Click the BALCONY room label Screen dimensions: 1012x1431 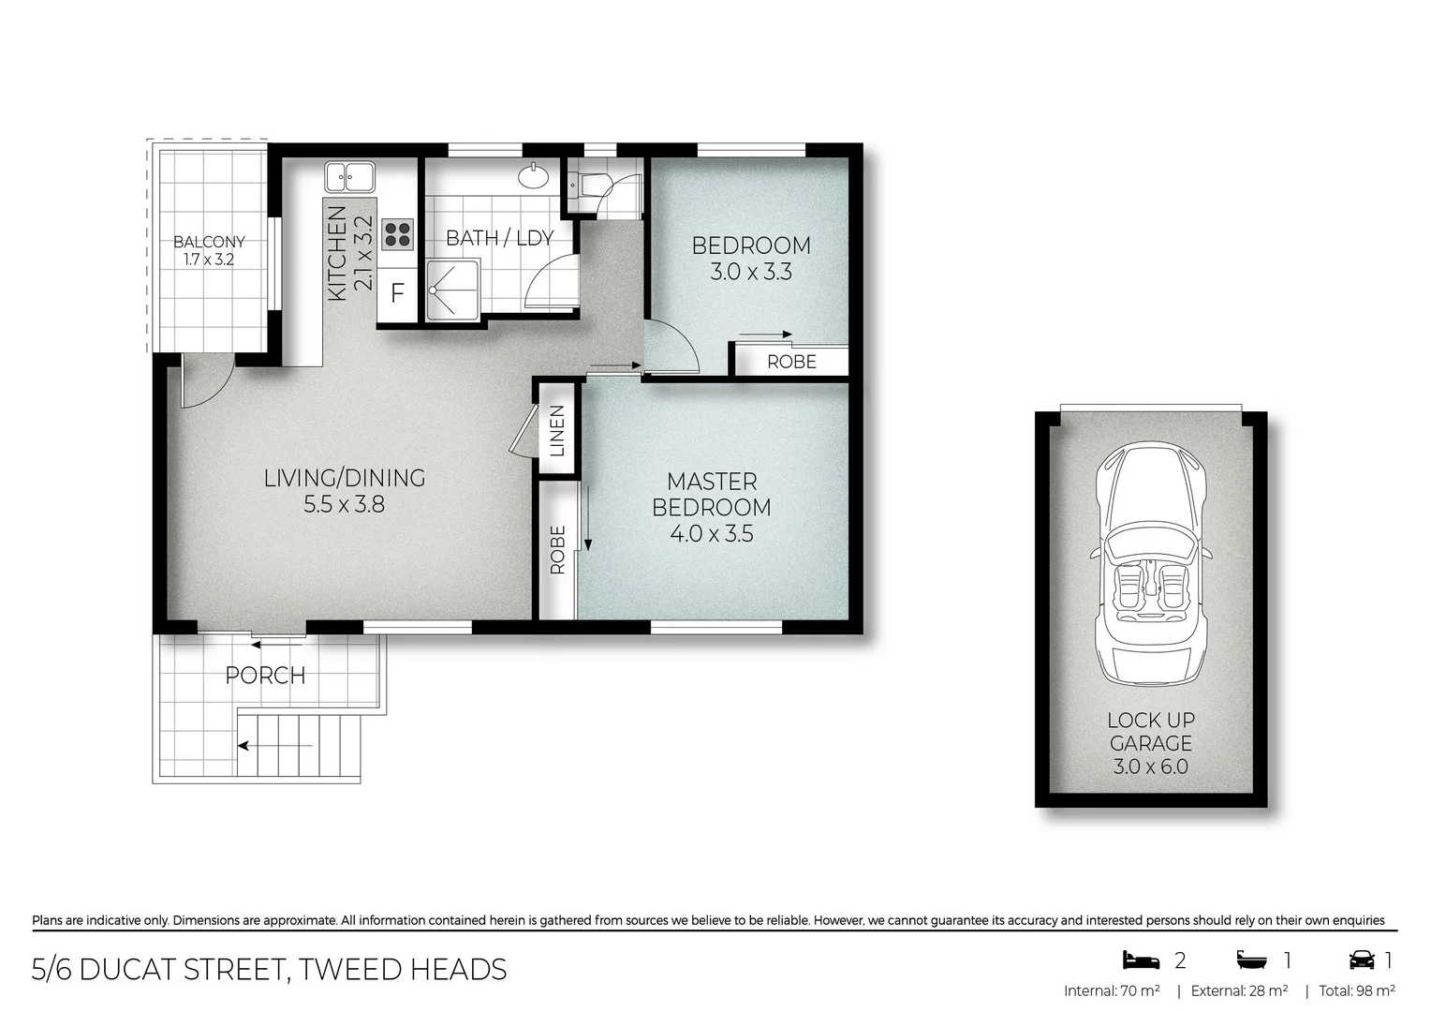[x=209, y=242]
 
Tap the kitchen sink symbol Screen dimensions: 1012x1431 [x=349, y=175]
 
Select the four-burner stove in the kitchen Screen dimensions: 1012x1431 [x=397, y=233]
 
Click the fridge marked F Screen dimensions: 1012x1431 [x=397, y=293]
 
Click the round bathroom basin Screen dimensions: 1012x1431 [x=535, y=175]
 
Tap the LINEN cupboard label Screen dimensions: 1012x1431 [x=557, y=430]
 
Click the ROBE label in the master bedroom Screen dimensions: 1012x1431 [x=557, y=549]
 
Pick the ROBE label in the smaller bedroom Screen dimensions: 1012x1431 [x=791, y=362]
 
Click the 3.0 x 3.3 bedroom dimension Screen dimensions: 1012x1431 [x=751, y=272]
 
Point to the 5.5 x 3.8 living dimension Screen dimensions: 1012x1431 [x=344, y=504]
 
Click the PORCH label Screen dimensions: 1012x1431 [x=265, y=675]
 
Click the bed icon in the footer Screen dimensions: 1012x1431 [x=1141, y=960]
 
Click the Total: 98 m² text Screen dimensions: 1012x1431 [x=1356, y=990]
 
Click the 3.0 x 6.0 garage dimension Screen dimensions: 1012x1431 [x=1150, y=766]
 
